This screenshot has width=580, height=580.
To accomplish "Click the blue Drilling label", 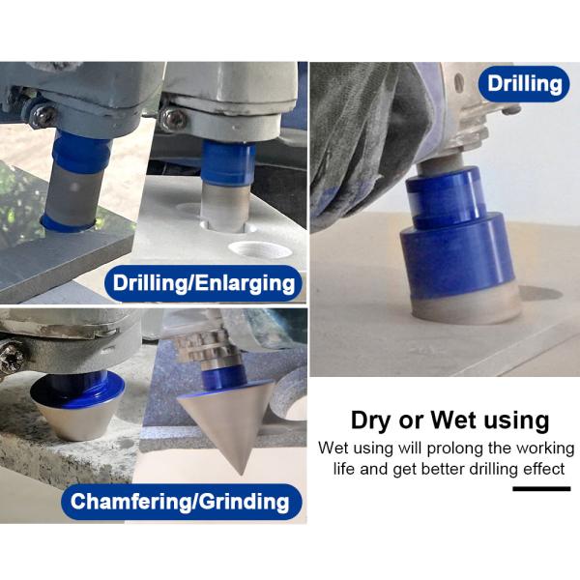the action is coord(524,84).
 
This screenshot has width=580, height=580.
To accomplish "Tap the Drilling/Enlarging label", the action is coord(203,283).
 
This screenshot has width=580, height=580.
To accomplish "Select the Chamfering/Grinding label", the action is coord(182,502).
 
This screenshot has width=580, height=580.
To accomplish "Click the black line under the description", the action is coord(541,488).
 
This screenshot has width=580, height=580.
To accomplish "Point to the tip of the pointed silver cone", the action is coord(241,475).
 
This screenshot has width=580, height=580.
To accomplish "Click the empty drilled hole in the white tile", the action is coord(260,249).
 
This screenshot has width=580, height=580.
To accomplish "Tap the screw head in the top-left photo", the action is coord(43,115).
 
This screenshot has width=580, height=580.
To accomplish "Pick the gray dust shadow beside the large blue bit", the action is coord(540,293).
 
